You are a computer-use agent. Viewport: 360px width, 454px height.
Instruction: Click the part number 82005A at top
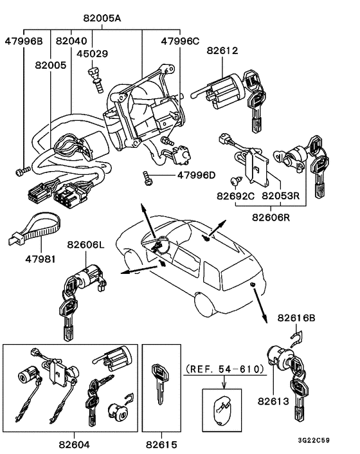pyautogui.click(x=103, y=20)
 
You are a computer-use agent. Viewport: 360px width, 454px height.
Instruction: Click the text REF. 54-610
pyautogui.click(x=224, y=369)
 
